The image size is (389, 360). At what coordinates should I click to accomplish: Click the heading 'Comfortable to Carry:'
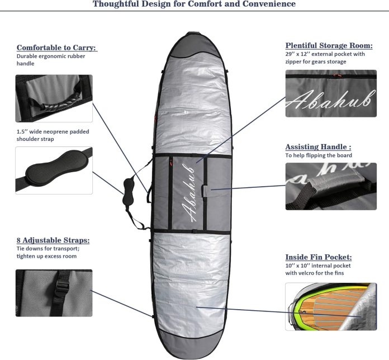coord(56,48)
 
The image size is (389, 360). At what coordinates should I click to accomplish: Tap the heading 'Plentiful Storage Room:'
coord(329,45)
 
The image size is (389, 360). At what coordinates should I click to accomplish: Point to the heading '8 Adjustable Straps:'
coord(53,240)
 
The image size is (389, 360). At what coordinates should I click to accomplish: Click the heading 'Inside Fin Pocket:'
coord(319,257)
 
